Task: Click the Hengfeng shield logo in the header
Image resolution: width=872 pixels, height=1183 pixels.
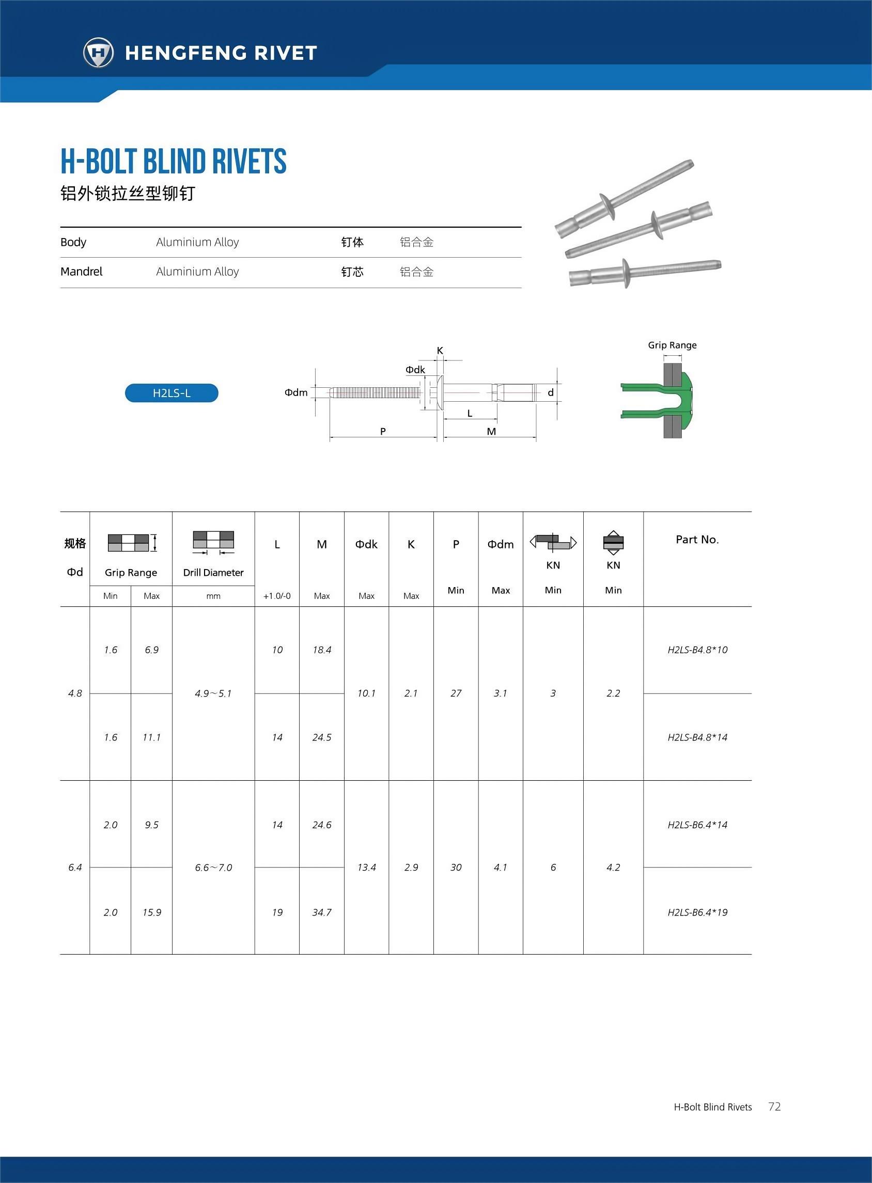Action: [98, 53]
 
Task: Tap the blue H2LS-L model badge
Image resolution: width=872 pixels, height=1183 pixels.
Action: [172, 393]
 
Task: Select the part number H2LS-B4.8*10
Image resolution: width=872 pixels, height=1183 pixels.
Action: [697, 650]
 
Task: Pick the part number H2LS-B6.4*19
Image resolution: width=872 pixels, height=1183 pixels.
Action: [697, 912]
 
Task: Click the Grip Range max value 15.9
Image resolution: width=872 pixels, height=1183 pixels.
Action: [151, 912]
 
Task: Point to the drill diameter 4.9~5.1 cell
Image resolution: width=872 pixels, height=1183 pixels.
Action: [213, 693]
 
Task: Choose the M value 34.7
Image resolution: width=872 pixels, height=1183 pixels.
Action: [321, 912]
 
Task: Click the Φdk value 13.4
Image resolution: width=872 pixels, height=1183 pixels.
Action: [366, 867]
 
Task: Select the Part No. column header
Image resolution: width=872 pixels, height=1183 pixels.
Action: [697, 539]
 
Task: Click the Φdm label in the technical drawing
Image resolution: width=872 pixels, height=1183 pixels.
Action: [296, 392]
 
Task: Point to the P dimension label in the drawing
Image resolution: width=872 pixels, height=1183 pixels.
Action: [383, 432]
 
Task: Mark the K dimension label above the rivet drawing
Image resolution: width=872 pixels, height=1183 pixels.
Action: [440, 351]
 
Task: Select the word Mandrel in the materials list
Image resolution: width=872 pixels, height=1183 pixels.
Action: [81, 272]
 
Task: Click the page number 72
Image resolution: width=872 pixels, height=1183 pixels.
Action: [774, 1107]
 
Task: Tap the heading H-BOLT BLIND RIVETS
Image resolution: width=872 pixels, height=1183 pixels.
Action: [173, 162]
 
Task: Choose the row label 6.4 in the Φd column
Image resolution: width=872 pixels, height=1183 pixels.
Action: [75, 867]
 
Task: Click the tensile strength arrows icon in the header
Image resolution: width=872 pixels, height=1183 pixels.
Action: [613, 542]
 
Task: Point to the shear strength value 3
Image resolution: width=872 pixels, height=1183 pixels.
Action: [553, 693]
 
